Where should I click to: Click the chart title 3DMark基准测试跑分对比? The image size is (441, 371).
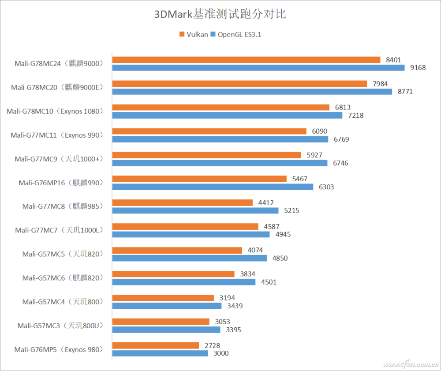pyautogui.click(x=220, y=14)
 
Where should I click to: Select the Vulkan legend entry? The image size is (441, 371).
pyautogui.click(x=194, y=34)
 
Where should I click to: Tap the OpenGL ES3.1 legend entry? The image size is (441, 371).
pyautogui.click(x=236, y=34)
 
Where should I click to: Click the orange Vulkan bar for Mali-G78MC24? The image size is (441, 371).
pyautogui.click(x=246, y=60)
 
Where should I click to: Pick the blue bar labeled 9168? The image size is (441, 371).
pyautogui.click(x=258, y=68)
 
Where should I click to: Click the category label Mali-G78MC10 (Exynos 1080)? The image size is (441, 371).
pyautogui.click(x=55, y=111)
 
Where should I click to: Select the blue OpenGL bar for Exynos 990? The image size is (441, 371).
pyautogui.click(x=220, y=139)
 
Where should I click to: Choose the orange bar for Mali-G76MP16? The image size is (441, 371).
pyautogui.click(x=199, y=179)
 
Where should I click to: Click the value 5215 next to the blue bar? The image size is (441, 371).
pyautogui.click(x=292, y=210)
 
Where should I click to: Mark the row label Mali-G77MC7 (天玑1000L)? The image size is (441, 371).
pyautogui.click(x=59, y=230)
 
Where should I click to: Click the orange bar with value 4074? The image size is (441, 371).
pyautogui.click(x=177, y=251)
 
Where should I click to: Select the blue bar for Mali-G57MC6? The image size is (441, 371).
pyautogui.click(x=184, y=282)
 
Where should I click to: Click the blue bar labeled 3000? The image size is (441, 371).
pyautogui.click(x=160, y=353)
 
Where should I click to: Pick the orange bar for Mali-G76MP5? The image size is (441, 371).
pyautogui.click(x=156, y=345)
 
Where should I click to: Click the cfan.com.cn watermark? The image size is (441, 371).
pyautogui.click(x=410, y=364)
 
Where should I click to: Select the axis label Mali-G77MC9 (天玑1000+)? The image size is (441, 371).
pyautogui.click(x=58, y=159)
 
